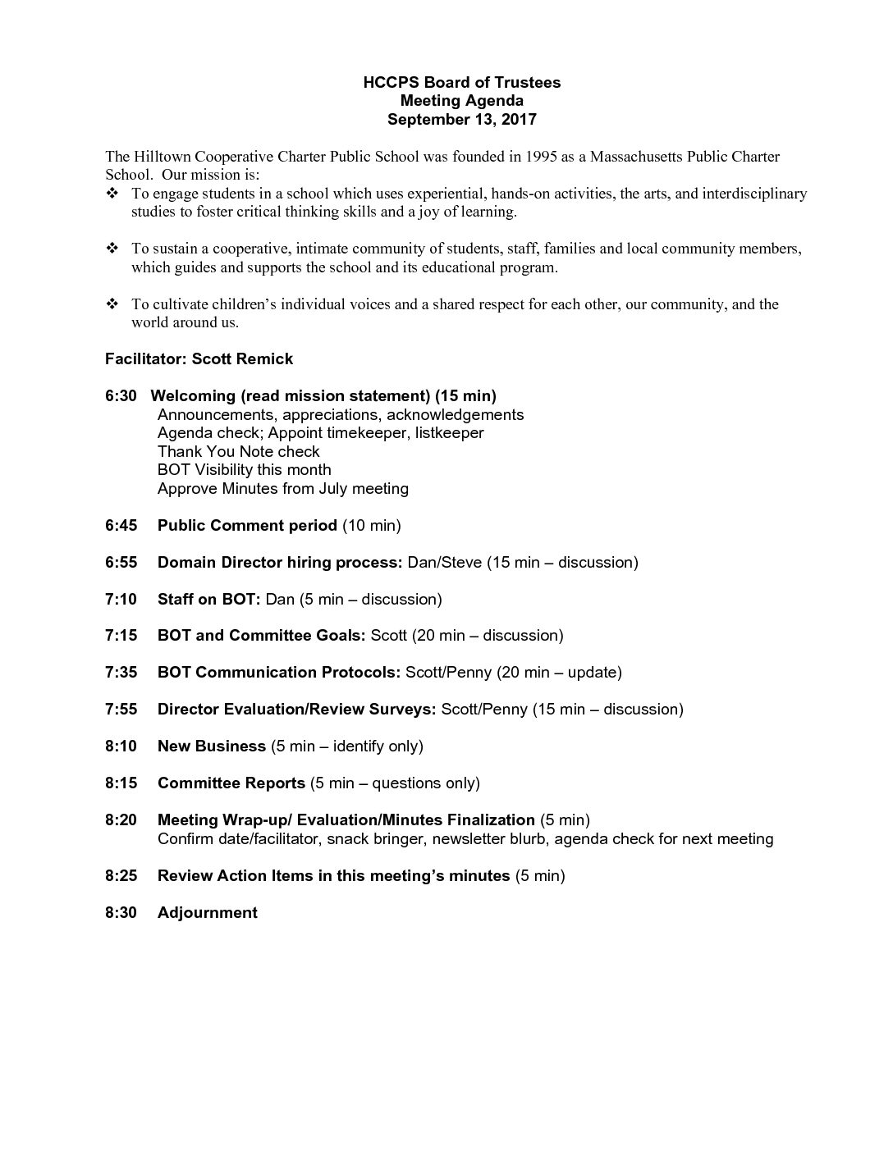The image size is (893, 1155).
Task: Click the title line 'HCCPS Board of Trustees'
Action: point(462,82)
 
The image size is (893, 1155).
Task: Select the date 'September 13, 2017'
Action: point(462,119)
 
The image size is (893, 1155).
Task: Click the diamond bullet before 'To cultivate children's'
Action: point(112,304)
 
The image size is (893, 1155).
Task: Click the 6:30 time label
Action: point(121,396)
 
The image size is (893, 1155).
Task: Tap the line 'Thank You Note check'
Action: point(238,451)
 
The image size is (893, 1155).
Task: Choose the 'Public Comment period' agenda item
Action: point(247,525)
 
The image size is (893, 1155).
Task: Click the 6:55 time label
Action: point(121,562)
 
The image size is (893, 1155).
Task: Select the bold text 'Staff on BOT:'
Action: point(208,599)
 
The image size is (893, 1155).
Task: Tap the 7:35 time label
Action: point(121,673)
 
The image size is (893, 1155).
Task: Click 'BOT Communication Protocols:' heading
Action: point(279,673)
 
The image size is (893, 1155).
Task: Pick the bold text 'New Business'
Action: point(211,746)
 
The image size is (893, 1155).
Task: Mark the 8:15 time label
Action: point(121,783)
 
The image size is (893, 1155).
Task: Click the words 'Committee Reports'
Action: point(231,783)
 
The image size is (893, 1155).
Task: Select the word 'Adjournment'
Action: point(207,912)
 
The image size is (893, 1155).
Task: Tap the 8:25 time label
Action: point(121,875)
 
